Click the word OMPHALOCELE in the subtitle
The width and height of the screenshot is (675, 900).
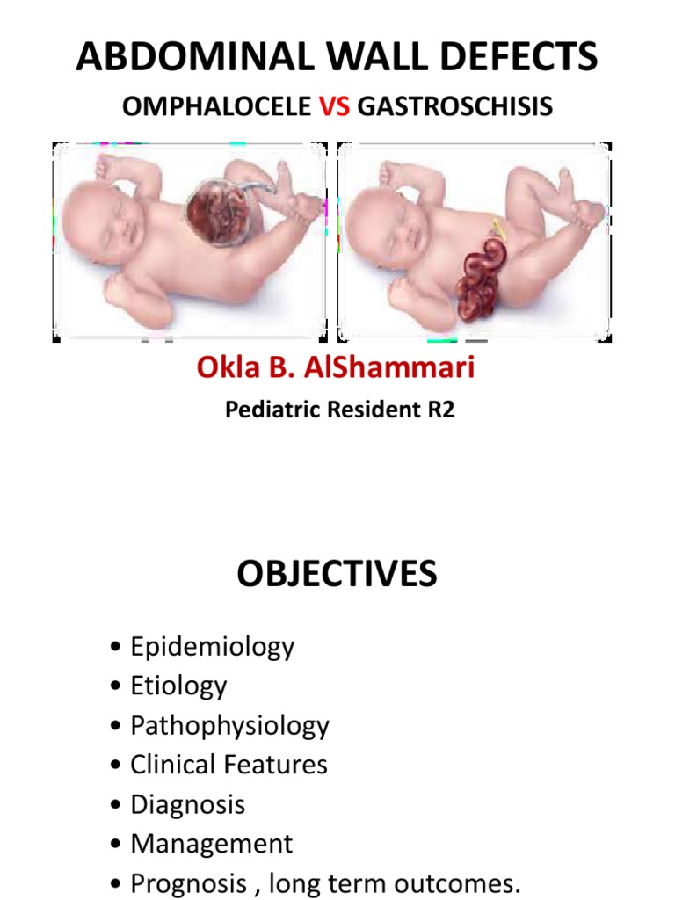[216, 107]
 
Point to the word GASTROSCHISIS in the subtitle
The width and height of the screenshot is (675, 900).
[455, 107]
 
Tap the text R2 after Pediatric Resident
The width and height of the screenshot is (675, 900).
[441, 410]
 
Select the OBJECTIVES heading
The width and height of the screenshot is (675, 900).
[337, 575]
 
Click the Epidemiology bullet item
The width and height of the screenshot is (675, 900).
[212, 648]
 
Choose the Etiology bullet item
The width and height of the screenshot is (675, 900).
[178, 686]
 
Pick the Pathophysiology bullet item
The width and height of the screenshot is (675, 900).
[229, 726]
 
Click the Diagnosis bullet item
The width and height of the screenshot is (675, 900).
[187, 804]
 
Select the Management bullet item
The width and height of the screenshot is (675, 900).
[211, 844]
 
